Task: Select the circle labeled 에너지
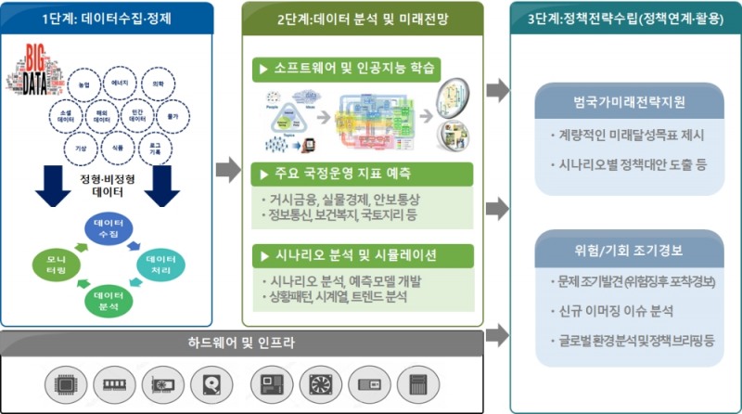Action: pos(121,84)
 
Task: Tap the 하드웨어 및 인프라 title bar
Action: pos(241,343)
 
